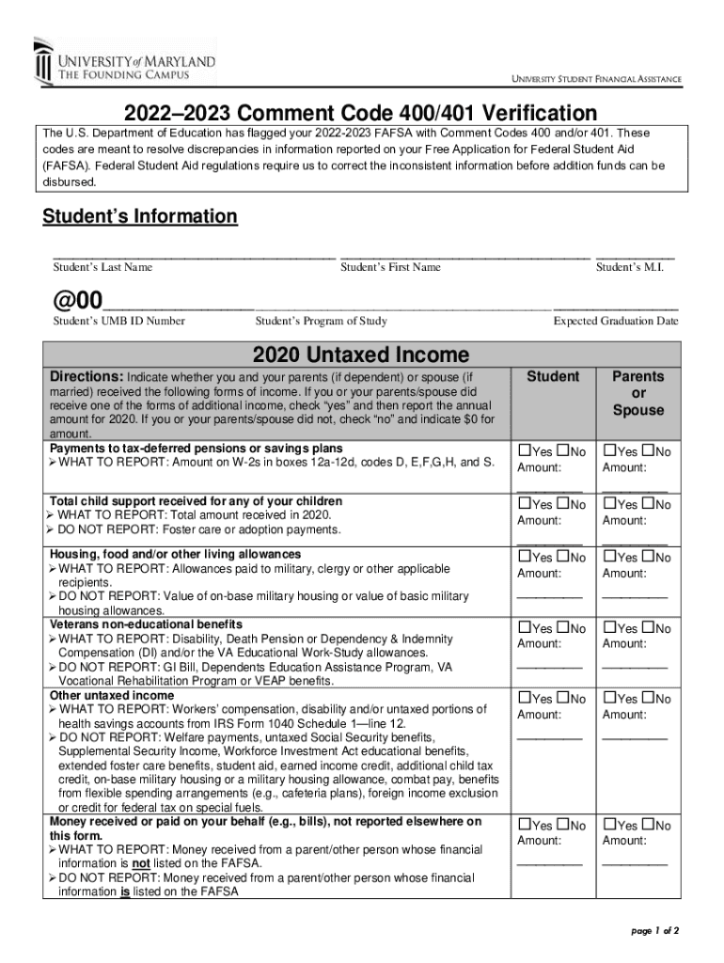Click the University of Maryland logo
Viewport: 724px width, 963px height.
pyautogui.click(x=124, y=61)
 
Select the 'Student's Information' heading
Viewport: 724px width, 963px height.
pyautogui.click(x=140, y=216)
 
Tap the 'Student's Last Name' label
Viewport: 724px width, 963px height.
pyautogui.click(x=102, y=267)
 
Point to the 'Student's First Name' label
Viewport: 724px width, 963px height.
pyautogui.click(x=390, y=267)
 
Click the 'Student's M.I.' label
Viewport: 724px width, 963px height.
pyautogui.click(x=630, y=267)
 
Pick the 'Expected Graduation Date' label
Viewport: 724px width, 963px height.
pyautogui.click(x=615, y=321)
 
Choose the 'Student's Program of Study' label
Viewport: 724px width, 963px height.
pyautogui.click(x=321, y=321)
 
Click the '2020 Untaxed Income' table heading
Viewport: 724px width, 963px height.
pyautogui.click(x=360, y=355)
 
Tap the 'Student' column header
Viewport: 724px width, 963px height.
pyautogui.click(x=553, y=376)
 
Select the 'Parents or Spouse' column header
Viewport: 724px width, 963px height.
pyautogui.click(x=638, y=393)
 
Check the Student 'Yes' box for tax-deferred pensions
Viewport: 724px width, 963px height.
pyautogui.click(x=524, y=451)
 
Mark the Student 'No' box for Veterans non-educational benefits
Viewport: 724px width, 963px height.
pyautogui.click(x=563, y=627)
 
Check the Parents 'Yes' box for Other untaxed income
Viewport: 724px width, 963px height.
pyautogui.click(x=609, y=698)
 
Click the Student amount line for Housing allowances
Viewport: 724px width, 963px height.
pyautogui.click(x=550, y=595)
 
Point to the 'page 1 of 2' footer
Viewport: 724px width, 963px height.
pyautogui.click(x=654, y=931)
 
